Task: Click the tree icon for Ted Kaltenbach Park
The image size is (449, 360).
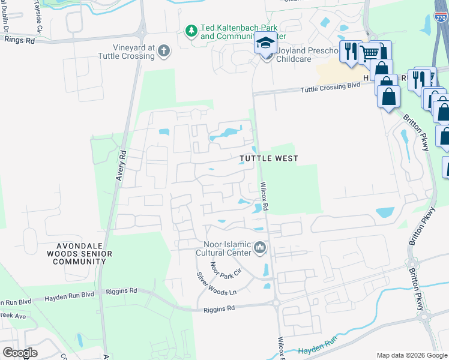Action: click(x=191, y=30)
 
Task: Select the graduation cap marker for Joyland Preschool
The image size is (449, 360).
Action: click(x=265, y=43)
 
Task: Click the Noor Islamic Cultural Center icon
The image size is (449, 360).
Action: click(x=260, y=247)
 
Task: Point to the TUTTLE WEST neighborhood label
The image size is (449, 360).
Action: click(x=269, y=158)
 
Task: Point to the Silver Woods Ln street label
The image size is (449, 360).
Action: click(x=217, y=284)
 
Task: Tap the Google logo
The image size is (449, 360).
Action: click(x=20, y=352)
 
